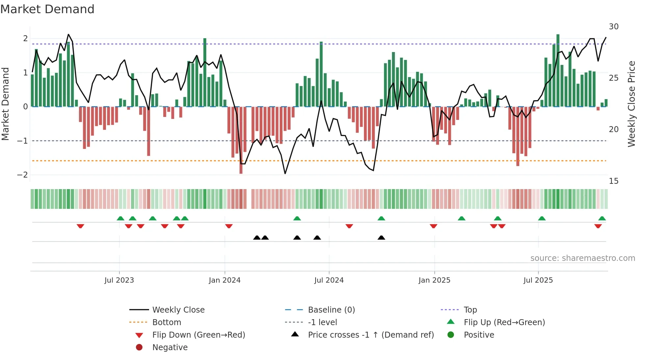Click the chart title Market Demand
coord(47,9)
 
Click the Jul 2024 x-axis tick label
coord(329,280)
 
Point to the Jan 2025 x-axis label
coord(434,280)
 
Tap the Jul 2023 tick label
coord(119,280)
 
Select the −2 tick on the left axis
coord(23,175)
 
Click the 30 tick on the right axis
coord(613,27)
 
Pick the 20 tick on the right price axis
coord(613,129)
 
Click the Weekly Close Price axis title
coord(631,104)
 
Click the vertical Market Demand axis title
coord(5,104)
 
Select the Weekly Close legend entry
coord(178,310)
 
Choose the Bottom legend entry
coord(167,322)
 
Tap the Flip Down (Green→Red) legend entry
coord(198,335)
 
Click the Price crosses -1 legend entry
coord(371,335)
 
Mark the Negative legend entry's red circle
coord(139,348)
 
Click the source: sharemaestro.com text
coord(582,258)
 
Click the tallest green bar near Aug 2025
coord(558,70)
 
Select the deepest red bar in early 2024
coord(241,140)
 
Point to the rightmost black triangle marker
coord(381,238)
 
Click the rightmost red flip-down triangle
coord(598,226)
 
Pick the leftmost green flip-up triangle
coord(120,218)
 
